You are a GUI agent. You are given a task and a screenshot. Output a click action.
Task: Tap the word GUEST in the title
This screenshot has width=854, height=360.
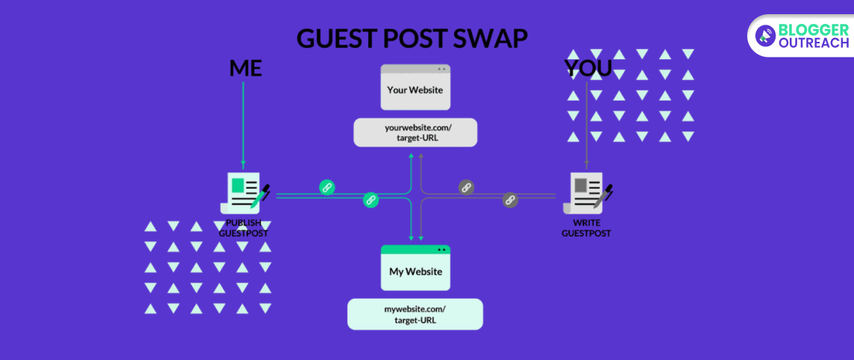pyautogui.click(x=335, y=38)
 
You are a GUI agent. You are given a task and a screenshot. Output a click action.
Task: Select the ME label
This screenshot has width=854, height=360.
pyautogui.click(x=245, y=69)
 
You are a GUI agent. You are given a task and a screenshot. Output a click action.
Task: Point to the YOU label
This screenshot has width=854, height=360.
pyautogui.click(x=588, y=69)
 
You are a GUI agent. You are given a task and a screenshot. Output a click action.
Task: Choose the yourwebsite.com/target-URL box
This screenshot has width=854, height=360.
pyautogui.click(x=415, y=132)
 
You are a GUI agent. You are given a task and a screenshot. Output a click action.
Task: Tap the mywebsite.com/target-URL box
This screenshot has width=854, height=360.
pyautogui.click(x=415, y=314)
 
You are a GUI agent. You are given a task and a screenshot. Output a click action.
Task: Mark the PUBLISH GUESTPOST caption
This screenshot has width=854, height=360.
pyautogui.click(x=244, y=228)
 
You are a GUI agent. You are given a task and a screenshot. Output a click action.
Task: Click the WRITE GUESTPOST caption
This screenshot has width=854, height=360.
pyautogui.click(x=587, y=228)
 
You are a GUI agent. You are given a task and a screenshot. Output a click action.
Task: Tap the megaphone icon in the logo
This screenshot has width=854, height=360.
pyautogui.click(x=764, y=34)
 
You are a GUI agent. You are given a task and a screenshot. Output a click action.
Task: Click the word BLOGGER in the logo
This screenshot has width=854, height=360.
pyautogui.click(x=813, y=28)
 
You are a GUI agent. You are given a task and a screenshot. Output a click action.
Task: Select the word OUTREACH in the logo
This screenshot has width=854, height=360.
pyautogui.click(x=813, y=43)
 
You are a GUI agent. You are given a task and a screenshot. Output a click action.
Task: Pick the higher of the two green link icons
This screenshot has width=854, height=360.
pyautogui.click(x=327, y=187)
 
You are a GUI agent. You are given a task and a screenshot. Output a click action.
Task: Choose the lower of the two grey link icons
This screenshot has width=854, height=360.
pyautogui.click(x=510, y=199)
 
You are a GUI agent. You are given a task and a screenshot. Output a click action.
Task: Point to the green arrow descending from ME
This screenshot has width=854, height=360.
pyautogui.click(x=244, y=123)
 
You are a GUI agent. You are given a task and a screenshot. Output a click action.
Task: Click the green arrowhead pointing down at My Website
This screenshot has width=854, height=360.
pyautogui.click(x=411, y=237)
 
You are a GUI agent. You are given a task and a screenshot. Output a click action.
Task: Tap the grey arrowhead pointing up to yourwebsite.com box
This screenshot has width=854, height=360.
pyautogui.click(x=421, y=155)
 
